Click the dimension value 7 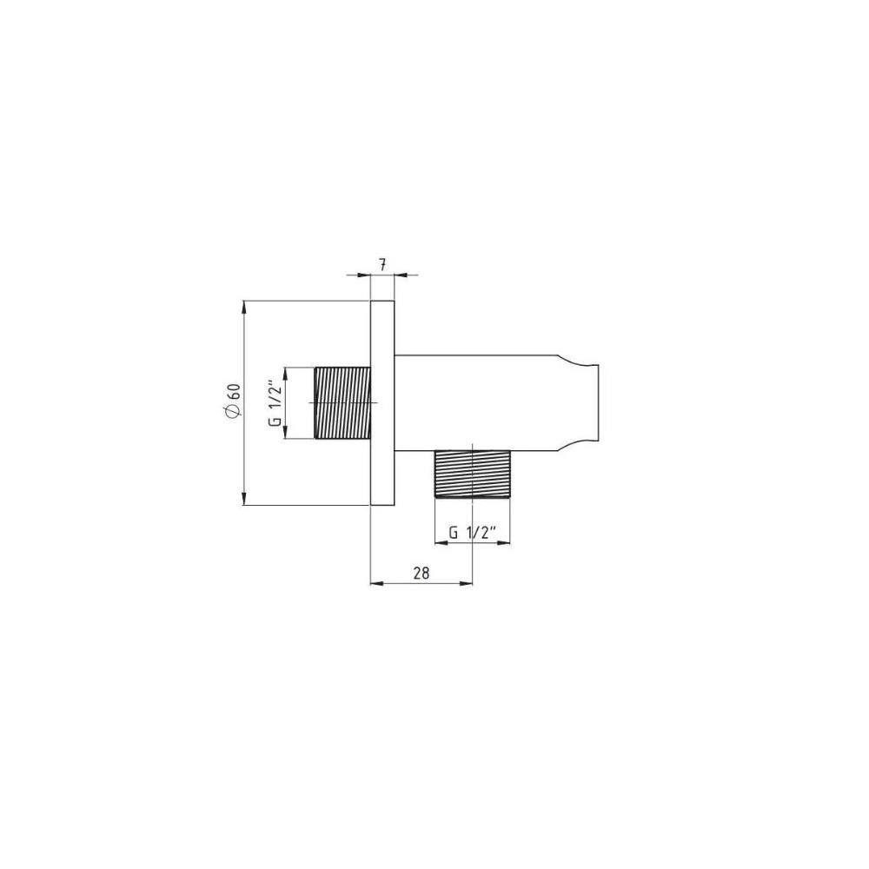382,265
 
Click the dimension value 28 421,573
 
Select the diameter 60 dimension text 233,400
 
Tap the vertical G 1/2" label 275,402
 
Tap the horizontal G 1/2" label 472,533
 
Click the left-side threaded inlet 342,403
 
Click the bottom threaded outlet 472,474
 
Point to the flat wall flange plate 382,403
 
